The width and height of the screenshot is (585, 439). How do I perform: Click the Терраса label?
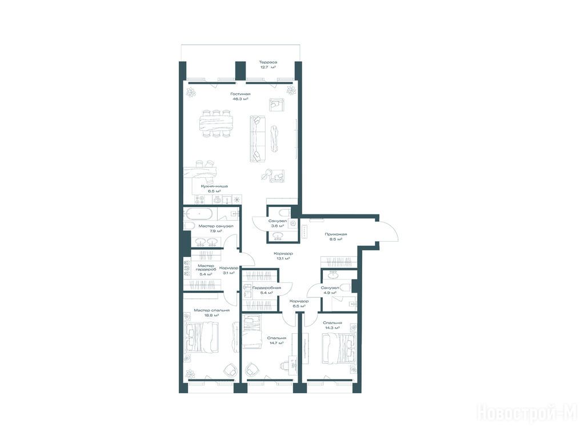[x=268, y=62]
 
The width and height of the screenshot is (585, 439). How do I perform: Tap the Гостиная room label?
[x=241, y=94]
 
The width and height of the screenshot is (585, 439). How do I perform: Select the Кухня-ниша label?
[x=214, y=186]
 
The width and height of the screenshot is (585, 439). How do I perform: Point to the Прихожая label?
[x=335, y=234]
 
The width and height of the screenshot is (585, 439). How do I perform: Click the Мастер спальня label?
[x=211, y=310]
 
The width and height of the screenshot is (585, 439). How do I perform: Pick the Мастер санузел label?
[x=215, y=226]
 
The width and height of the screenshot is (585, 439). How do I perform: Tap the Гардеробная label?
[x=266, y=288]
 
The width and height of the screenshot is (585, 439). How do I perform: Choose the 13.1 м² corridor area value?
[x=284, y=258]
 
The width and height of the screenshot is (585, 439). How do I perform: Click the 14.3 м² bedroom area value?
[x=332, y=328]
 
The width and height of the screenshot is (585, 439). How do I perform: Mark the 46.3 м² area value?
[x=241, y=99]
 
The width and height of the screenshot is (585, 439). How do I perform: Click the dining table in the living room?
[x=216, y=123]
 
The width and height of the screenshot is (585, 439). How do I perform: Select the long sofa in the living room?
[x=257, y=138]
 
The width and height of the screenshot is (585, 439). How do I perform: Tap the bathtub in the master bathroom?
[x=199, y=214]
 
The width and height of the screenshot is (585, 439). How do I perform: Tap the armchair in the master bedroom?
[x=230, y=370]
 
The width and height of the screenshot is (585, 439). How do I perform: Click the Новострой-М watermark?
[x=527, y=413]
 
